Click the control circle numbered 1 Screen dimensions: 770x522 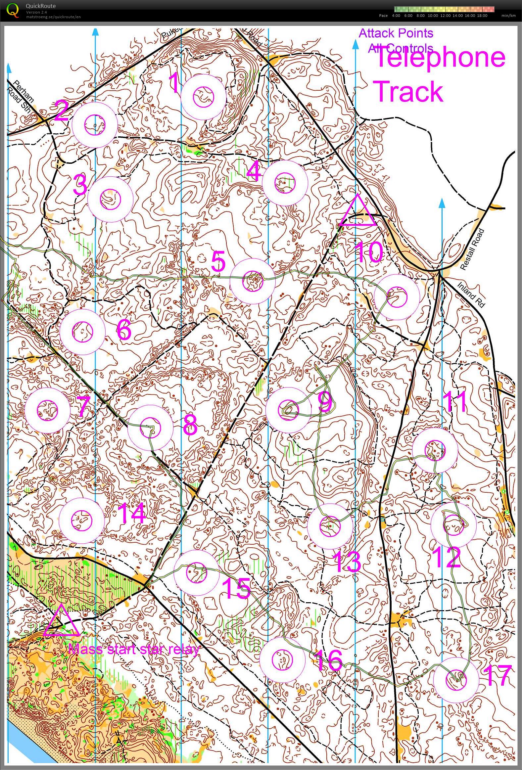click(204, 97)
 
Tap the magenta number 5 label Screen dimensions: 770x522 click(218, 261)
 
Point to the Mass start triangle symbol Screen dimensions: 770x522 click(61, 621)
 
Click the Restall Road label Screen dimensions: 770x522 click(473, 249)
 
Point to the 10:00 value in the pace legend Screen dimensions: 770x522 click(433, 16)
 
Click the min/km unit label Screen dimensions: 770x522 click(508, 16)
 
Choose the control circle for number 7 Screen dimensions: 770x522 click(47, 410)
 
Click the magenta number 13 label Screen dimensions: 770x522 click(347, 562)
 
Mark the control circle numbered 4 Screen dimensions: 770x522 click(285, 183)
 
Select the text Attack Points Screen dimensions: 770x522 click(396, 33)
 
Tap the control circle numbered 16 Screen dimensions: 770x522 click(282, 660)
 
